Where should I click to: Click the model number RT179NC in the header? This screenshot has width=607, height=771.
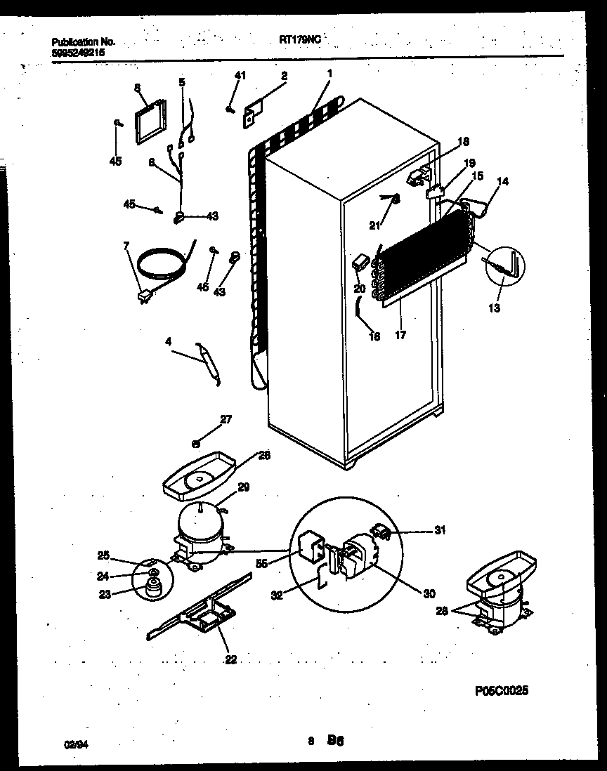[x=299, y=41]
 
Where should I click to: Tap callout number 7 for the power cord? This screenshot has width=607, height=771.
[x=126, y=245]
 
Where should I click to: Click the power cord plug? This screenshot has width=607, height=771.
[x=145, y=298]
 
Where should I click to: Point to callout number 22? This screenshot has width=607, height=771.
[x=231, y=659]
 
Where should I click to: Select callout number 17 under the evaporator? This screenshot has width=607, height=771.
[x=400, y=336]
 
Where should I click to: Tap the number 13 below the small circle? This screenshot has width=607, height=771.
[x=495, y=308]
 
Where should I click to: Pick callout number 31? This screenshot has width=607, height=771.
[x=439, y=530]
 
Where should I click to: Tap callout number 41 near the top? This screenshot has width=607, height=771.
[x=240, y=76]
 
